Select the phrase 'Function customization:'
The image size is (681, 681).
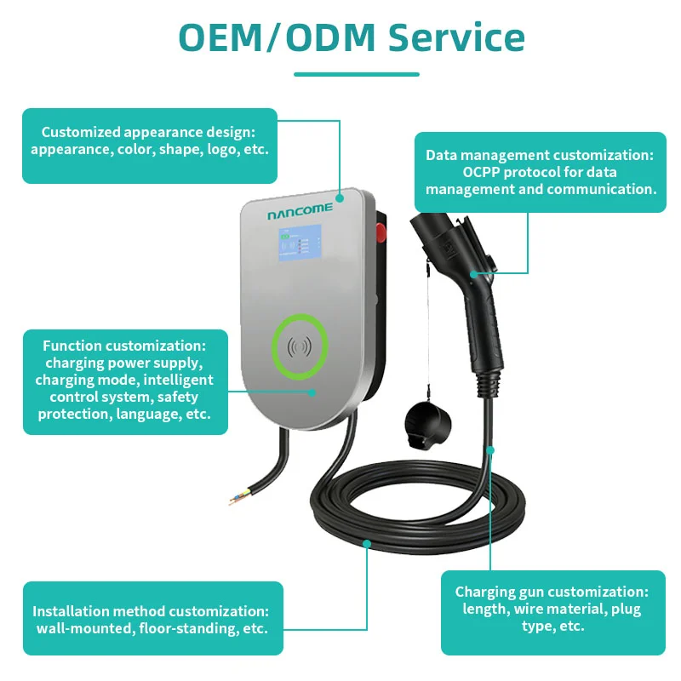[124, 346]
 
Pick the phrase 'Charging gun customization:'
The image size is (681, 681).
[552, 592]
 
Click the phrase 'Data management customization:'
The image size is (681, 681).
[540, 155]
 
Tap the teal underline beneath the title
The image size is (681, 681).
[357, 74]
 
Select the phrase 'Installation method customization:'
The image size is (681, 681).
[151, 611]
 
